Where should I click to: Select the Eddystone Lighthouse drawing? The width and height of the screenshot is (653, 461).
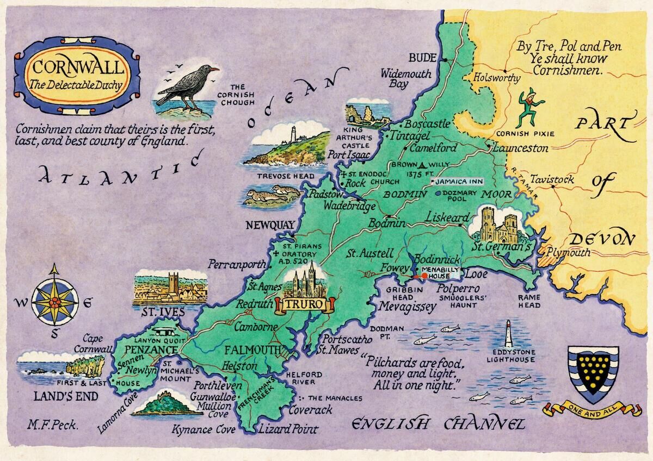click(x=509, y=333)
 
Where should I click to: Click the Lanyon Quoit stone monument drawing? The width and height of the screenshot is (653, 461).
click(x=163, y=333)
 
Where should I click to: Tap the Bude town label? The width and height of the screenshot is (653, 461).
click(x=420, y=58)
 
